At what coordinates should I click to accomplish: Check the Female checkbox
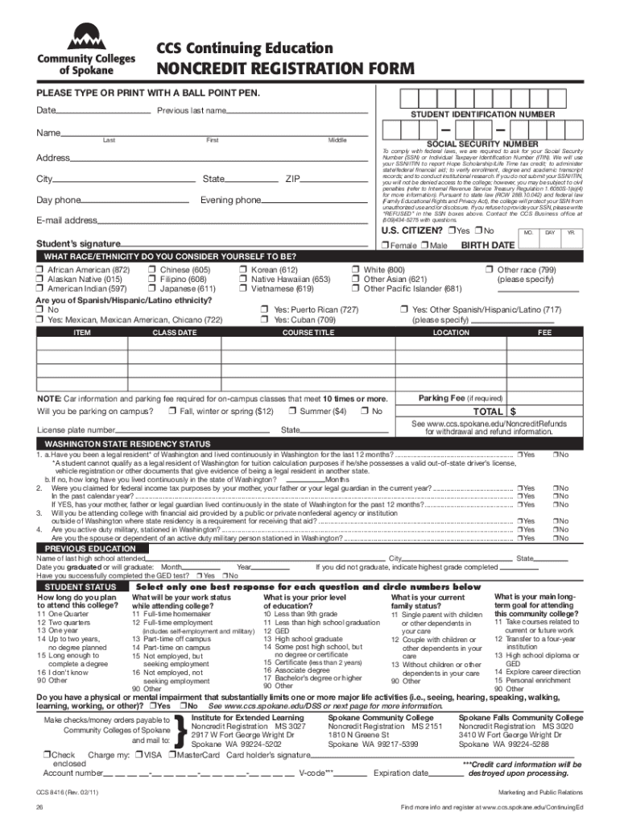[x=386, y=245]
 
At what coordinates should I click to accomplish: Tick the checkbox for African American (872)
[x=39, y=269]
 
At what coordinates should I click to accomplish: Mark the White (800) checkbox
[x=356, y=269]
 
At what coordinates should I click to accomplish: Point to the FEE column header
[x=545, y=332]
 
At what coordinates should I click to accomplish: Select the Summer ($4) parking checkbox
[x=293, y=412]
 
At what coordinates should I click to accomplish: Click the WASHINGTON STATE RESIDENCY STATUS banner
[x=127, y=444]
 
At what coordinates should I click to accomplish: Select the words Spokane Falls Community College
[x=520, y=717]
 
